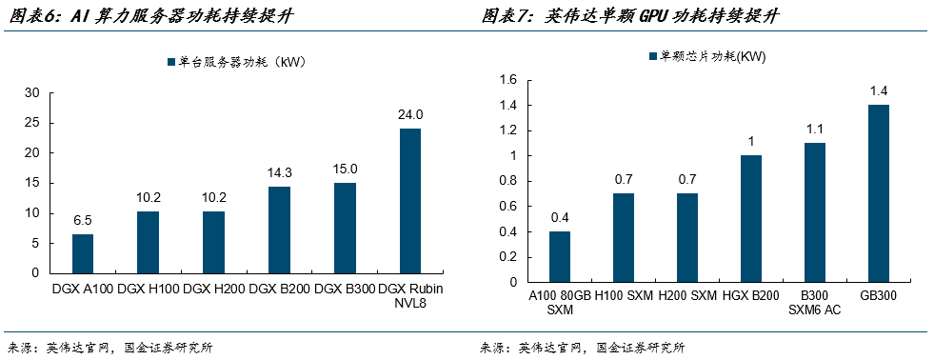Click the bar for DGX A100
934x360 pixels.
tap(83, 254)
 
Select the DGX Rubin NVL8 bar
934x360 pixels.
tap(410, 202)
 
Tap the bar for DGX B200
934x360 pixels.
tap(279, 230)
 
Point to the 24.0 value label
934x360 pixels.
tap(410, 114)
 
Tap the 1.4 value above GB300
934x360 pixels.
tap(879, 91)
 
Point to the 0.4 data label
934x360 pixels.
tap(559, 217)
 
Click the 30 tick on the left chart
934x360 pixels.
tap(32, 93)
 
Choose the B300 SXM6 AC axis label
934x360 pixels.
tap(815, 302)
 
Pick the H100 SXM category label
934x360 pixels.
tap(623, 295)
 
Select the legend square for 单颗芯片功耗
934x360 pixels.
tap(652, 55)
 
